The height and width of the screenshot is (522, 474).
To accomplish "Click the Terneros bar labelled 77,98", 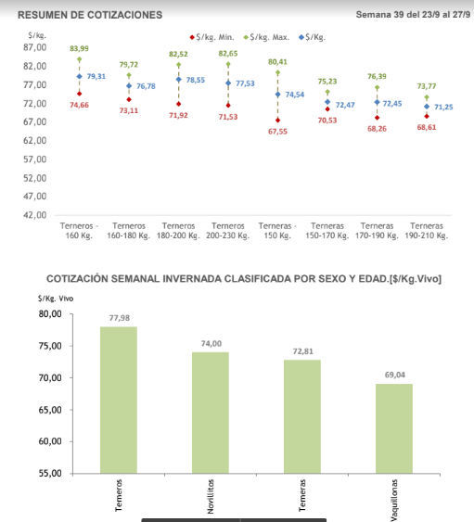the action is (x=119, y=400).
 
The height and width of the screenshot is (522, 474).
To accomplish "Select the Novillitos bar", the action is (x=211, y=413).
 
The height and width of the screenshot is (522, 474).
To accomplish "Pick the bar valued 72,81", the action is (x=302, y=416).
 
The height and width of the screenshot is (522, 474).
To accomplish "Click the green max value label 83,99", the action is (x=79, y=48).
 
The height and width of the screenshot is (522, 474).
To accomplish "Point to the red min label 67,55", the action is (x=277, y=132).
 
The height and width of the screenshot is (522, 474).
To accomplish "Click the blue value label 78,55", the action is (x=195, y=80).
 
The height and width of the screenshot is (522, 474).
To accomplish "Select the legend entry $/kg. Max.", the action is (x=266, y=37).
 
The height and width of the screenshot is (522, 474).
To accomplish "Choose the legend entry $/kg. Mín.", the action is (x=212, y=37).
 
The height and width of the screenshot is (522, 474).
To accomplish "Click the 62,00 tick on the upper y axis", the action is (x=34, y=141).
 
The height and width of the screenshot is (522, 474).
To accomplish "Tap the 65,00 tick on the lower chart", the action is (x=50, y=410).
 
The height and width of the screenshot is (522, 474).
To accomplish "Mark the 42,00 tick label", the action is (x=34, y=215).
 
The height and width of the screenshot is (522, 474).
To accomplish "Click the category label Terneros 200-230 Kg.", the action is (x=228, y=231).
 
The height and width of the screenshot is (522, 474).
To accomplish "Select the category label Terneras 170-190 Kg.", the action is (x=377, y=231).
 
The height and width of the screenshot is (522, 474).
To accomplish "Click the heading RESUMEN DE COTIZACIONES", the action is (x=90, y=15).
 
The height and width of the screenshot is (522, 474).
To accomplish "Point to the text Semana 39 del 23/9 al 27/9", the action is (x=413, y=15).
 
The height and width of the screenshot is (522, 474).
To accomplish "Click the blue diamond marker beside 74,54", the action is (x=277, y=95).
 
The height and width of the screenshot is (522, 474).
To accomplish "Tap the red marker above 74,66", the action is (x=79, y=94).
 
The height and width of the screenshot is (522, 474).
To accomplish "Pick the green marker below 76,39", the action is (x=378, y=88).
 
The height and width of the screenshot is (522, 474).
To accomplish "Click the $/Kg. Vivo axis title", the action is (x=56, y=299).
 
